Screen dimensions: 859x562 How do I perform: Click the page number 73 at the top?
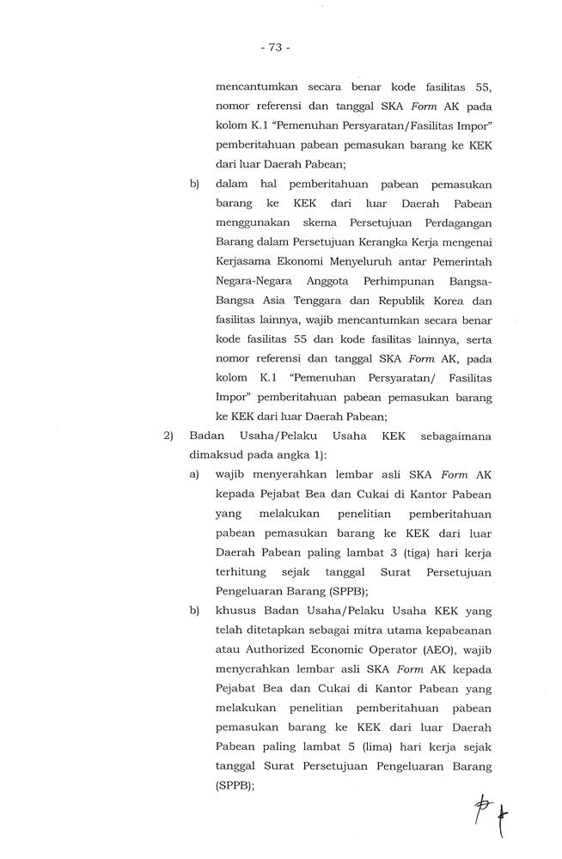[x=275, y=48]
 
